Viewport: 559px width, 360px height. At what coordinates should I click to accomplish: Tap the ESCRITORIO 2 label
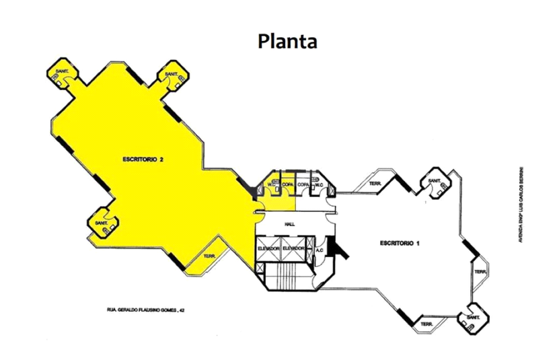144,159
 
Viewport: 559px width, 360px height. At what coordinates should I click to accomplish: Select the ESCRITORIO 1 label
399,242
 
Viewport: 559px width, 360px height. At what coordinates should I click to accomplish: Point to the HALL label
291,223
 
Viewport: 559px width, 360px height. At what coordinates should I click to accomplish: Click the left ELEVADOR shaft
268,248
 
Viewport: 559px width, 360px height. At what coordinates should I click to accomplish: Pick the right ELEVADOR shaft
295,248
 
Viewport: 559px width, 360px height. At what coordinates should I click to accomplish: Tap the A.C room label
320,250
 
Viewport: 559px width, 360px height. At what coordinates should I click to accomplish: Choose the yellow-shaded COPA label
287,184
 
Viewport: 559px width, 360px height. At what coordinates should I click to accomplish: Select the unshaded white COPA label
303,184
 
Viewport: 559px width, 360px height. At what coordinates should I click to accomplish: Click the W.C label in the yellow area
272,184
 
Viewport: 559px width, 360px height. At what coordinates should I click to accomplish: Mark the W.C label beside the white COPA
320,184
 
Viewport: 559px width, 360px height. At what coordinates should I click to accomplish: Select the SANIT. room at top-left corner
63,73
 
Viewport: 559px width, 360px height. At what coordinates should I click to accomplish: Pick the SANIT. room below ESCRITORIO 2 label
102,223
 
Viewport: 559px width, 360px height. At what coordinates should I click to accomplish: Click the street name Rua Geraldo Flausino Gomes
145,310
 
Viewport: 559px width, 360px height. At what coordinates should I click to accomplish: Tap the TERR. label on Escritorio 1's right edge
480,272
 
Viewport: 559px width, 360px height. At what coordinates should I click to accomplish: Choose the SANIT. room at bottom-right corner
474,318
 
